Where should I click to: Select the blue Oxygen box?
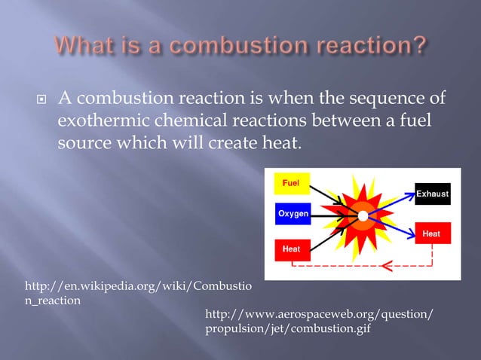(293, 215)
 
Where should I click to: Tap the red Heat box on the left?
(291, 248)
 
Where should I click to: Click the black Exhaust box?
(433, 194)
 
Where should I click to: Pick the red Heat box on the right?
(431, 234)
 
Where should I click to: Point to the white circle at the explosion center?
(363, 216)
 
